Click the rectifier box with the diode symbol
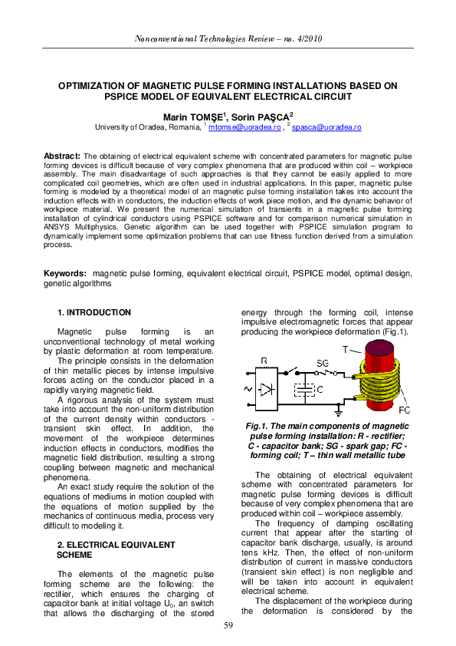[x=264, y=389]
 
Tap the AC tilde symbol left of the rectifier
[x=248, y=389]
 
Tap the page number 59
[x=228, y=627]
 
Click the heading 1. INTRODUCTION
[x=94, y=312]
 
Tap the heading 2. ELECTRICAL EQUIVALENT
[x=116, y=544]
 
